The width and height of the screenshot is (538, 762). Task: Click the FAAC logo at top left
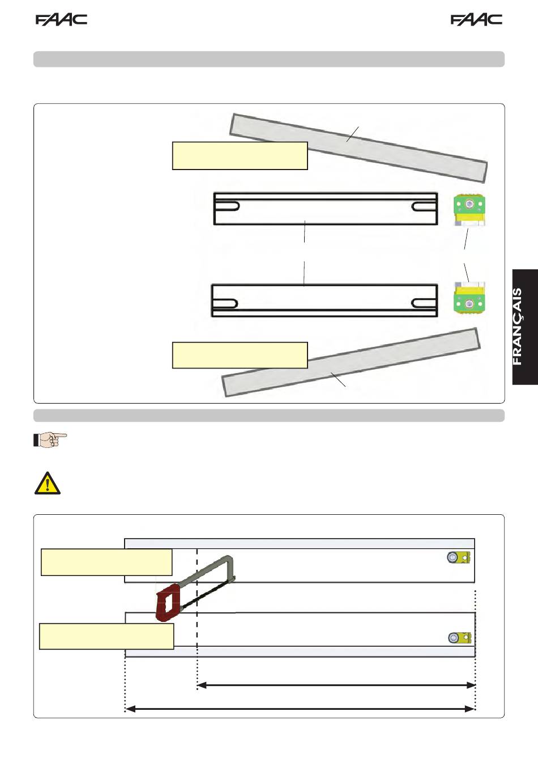[x=62, y=20]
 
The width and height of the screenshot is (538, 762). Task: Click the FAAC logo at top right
[x=476, y=20]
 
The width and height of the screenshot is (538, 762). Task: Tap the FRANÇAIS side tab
[x=525, y=327]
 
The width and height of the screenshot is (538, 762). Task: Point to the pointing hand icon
[x=50, y=440]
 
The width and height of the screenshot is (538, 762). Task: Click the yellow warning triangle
[x=48, y=483]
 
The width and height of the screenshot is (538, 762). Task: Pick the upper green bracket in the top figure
[x=469, y=210]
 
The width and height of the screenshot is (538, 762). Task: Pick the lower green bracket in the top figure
[x=469, y=298]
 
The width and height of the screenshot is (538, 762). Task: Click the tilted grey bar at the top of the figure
[x=358, y=148]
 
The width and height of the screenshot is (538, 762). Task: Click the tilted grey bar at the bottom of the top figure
[x=351, y=362]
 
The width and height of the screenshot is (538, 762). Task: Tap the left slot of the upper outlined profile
[x=227, y=206]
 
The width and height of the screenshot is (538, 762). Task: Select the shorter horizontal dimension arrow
[x=336, y=685]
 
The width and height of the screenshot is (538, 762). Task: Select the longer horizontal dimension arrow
[x=300, y=709]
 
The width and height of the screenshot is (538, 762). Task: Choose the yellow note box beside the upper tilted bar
[x=240, y=156]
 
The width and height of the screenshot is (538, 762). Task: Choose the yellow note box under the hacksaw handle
[x=106, y=636]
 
